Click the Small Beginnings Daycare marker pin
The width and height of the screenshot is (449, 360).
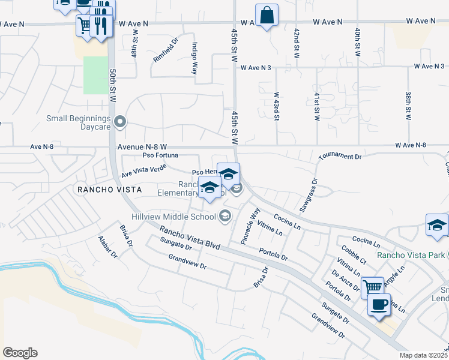pyautogui.click(x=120, y=123)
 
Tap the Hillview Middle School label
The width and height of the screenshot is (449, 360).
pyautogui.click(x=174, y=217)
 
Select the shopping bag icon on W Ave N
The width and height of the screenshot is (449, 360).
pyautogui.click(x=266, y=15)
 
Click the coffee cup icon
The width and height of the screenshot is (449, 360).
pyautogui.click(x=379, y=305)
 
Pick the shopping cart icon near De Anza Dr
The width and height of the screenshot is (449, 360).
pyautogui.click(x=372, y=287)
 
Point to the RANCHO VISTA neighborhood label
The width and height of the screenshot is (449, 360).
pyautogui.click(x=109, y=189)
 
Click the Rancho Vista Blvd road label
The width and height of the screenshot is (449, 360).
pyautogui.click(x=190, y=238)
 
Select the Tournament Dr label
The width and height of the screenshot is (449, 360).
pyautogui.click(x=340, y=156)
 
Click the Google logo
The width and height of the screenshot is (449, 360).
pyautogui.click(x=20, y=353)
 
